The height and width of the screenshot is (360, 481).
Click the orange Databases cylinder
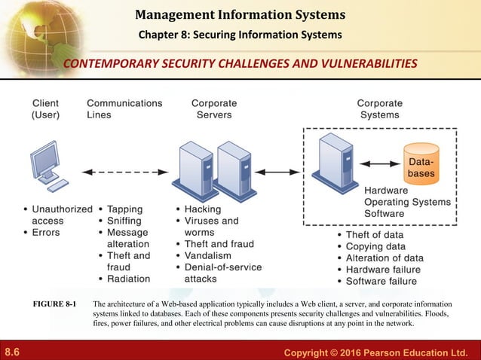[x=421, y=163]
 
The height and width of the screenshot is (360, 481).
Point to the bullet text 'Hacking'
[x=203, y=209]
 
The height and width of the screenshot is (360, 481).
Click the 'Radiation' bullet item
[x=128, y=279]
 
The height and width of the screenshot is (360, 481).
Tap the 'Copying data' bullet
[x=375, y=246]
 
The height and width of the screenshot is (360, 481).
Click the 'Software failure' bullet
[x=381, y=281]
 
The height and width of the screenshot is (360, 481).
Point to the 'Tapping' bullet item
[x=125, y=209]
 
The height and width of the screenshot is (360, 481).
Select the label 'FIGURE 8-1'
[x=54, y=304]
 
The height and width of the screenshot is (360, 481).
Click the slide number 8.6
[x=12, y=352]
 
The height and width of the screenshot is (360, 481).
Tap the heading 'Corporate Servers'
[x=214, y=109]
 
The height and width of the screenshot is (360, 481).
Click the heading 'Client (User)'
[x=46, y=109]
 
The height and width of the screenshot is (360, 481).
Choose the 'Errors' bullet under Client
[x=45, y=233]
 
